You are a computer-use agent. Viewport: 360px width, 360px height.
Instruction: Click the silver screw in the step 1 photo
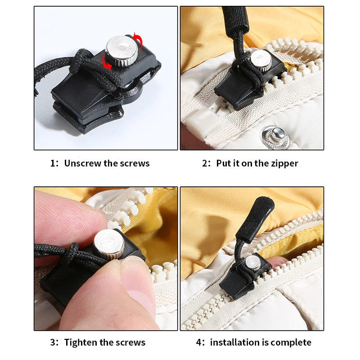click(x=121, y=50)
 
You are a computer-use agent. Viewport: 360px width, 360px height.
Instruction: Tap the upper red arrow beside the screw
click(x=139, y=42)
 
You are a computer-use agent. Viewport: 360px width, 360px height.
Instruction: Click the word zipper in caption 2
click(x=283, y=163)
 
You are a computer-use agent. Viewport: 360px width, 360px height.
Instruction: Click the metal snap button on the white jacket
click(x=276, y=134)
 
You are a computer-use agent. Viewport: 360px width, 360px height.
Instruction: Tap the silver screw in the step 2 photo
click(x=261, y=60)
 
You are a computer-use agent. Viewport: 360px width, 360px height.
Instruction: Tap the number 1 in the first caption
click(x=52, y=163)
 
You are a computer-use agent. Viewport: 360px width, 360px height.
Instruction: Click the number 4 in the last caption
click(x=198, y=342)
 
